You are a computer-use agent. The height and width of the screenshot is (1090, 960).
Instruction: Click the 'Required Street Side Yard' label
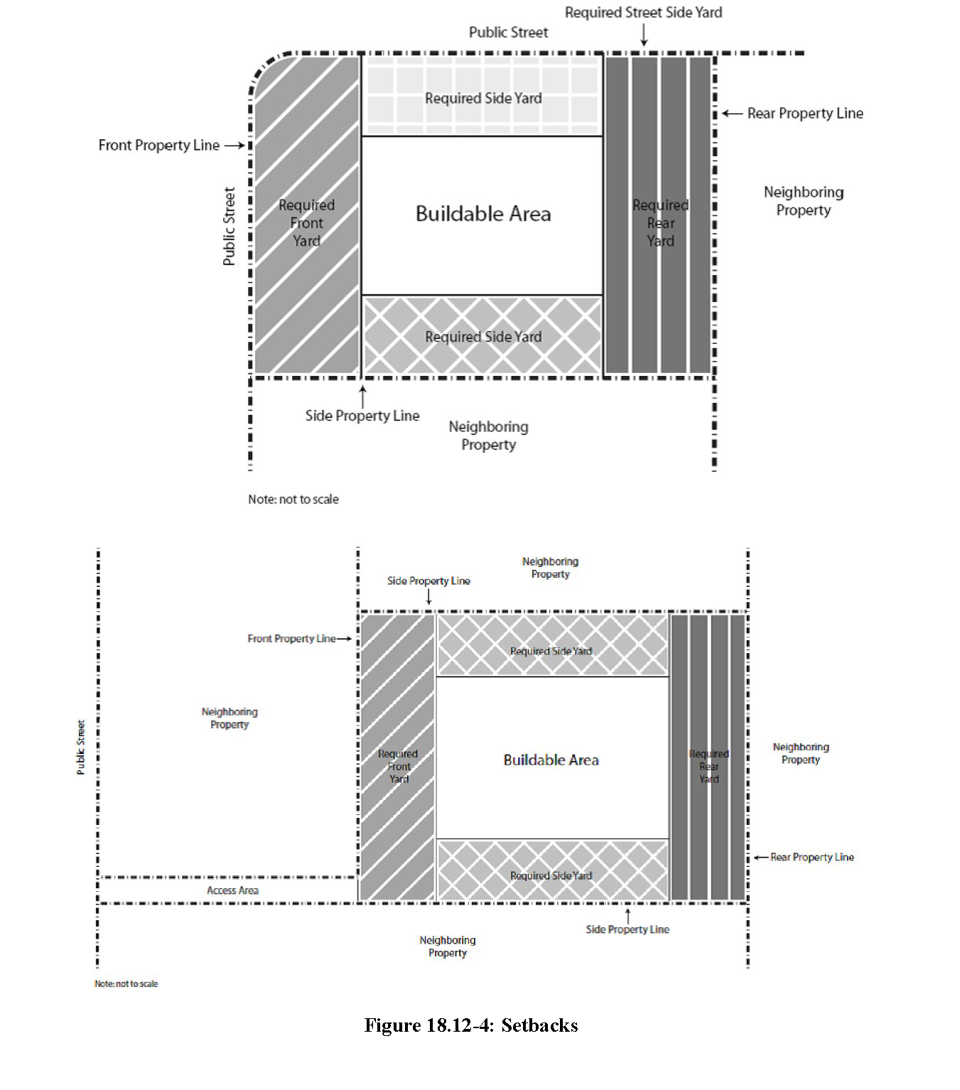pyautogui.click(x=643, y=13)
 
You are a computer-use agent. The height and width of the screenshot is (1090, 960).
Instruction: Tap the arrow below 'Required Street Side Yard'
pyautogui.click(x=644, y=34)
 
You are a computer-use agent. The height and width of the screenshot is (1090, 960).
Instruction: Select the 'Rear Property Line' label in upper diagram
pyautogui.click(x=804, y=114)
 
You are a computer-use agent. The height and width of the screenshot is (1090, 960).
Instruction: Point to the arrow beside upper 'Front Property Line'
pyautogui.click(x=234, y=146)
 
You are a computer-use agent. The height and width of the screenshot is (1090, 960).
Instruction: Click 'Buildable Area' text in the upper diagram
pyautogui.click(x=483, y=214)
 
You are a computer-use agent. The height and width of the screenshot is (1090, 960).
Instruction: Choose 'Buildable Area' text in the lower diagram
pyautogui.click(x=551, y=760)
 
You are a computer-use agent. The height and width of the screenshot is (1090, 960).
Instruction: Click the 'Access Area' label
pyautogui.click(x=232, y=890)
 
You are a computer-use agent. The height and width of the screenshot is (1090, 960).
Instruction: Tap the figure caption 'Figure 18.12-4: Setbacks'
pyautogui.click(x=470, y=1025)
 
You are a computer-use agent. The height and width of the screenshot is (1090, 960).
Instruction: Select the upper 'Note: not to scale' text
pyautogui.click(x=293, y=500)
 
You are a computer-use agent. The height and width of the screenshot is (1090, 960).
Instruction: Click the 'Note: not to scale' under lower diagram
pyautogui.click(x=126, y=984)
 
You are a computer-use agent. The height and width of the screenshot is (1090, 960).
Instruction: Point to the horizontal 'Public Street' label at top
pyautogui.click(x=508, y=33)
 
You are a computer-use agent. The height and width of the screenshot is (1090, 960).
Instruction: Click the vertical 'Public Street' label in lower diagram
pyautogui.click(x=81, y=747)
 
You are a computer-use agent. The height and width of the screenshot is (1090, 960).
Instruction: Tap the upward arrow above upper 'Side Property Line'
pyautogui.click(x=363, y=396)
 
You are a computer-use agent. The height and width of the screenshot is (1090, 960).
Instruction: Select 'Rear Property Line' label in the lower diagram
pyautogui.click(x=812, y=858)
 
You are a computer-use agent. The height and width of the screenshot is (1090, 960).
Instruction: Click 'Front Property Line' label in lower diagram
pyautogui.click(x=291, y=639)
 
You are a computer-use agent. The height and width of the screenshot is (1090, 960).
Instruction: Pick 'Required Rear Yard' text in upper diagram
pyautogui.click(x=660, y=223)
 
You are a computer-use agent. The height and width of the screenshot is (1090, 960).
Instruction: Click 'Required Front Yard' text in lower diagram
pyautogui.click(x=398, y=767)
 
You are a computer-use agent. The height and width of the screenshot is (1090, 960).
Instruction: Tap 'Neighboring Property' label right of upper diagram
pyautogui.click(x=804, y=201)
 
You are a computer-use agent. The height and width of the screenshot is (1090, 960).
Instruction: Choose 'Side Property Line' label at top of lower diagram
pyautogui.click(x=428, y=581)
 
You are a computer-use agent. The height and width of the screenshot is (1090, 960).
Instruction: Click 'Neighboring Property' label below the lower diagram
pyautogui.click(x=448, y=946)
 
